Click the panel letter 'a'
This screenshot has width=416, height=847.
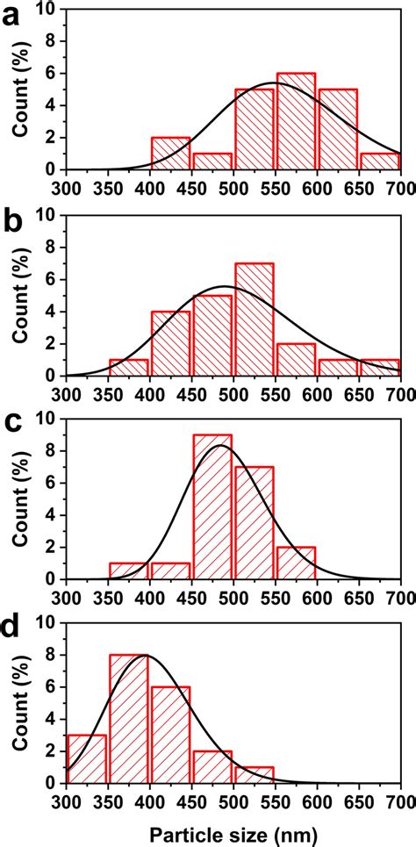pyautogui.click(x=14, y=17)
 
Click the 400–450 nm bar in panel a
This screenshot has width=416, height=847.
pyautogui.click(x=170, y=153)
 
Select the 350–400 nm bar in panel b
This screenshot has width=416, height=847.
pyautogui.click(x=129, y=367)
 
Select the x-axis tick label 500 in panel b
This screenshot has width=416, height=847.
pyautogui.click(x=233, y=391)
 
